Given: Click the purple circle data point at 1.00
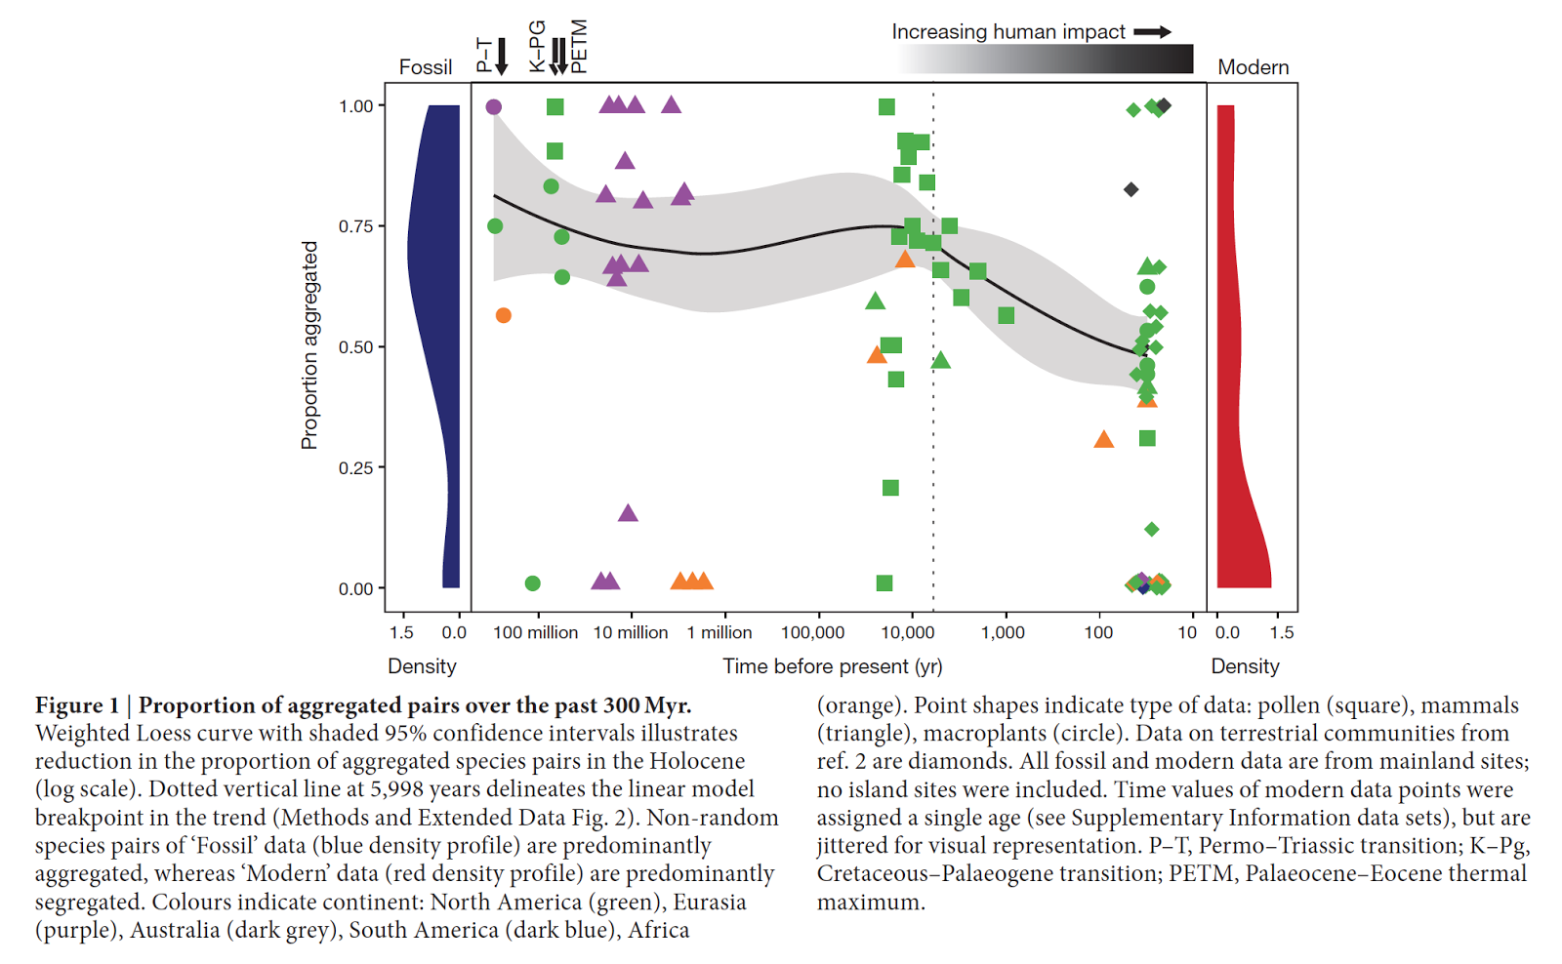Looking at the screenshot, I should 494,107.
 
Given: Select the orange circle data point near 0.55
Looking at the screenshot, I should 504,315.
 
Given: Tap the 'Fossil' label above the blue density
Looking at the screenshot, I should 426,67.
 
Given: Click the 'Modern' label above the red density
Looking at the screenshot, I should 1254,67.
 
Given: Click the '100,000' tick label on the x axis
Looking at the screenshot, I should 812,632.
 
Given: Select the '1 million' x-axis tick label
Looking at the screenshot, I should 719,632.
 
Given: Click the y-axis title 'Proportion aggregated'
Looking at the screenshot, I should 309,345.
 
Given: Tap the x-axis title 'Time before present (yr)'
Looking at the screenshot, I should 833,666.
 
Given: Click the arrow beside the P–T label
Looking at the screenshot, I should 502,57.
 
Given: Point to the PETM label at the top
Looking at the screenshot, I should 580,46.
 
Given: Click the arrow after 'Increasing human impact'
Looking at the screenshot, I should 1152,32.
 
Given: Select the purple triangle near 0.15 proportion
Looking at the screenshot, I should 628,513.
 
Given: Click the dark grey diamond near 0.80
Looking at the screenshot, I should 1130,189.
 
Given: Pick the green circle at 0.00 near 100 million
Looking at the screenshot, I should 532,583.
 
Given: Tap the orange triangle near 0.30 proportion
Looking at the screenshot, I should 1104,440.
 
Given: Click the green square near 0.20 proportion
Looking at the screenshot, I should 890,488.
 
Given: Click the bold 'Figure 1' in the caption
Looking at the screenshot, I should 77,705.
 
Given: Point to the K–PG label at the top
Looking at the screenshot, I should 537,46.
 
